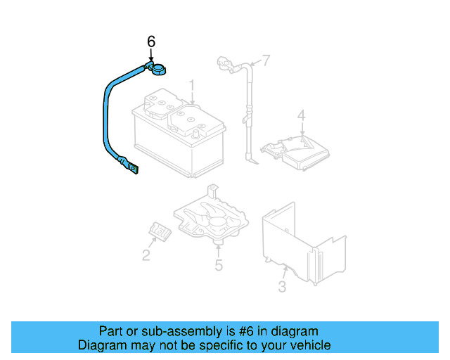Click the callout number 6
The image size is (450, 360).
(x=151, y=42)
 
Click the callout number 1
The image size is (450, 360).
(x=191, y=86)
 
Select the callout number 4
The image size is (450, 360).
(x=301, y=115)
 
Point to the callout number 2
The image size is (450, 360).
(x=146, y=255)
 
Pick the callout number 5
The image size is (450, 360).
(x=219, y=265)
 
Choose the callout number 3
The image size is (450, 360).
(x=282, y=286)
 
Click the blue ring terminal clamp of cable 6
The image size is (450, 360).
(x=157, y=69)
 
